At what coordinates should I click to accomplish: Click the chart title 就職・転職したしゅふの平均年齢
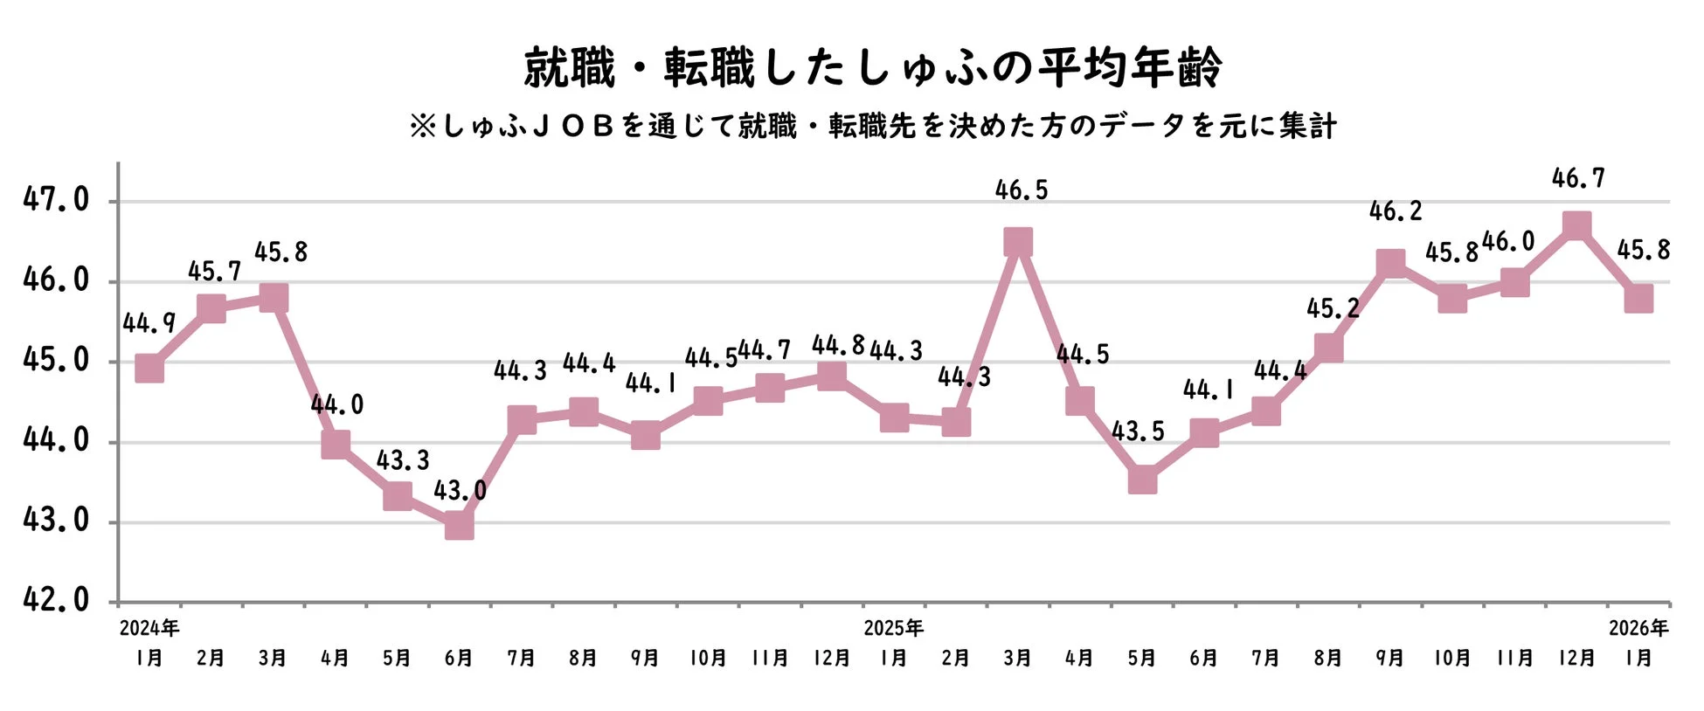coord(872,68)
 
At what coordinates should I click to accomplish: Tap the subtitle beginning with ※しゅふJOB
coord(872,127)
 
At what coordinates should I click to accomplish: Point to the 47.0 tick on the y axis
coord(56,200)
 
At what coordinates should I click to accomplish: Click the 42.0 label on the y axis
coord(56,600)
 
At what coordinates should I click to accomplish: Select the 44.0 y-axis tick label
coord(56,440)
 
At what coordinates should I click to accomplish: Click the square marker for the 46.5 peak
coord(1018,242)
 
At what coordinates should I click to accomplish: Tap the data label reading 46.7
coord(1578,179)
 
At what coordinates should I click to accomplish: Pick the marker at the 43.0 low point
coord(460,525)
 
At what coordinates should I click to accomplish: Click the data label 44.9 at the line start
coord(149,324)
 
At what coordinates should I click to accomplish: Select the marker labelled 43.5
coord(1142,480)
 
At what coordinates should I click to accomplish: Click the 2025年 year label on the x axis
coord(893,628)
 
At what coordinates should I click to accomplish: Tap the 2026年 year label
coord(1638,628)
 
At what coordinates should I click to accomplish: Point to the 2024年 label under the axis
coord(149,628)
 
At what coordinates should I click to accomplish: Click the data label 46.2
coord(1396,211)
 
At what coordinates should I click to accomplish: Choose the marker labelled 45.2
coord(1328,348)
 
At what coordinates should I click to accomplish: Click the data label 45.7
coord(214,272)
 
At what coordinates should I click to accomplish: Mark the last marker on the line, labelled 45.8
coord(1638,298)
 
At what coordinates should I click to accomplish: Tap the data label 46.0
coord(1508,242)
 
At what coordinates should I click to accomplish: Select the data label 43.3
coord(403,460)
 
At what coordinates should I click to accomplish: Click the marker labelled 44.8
coord(832,376)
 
